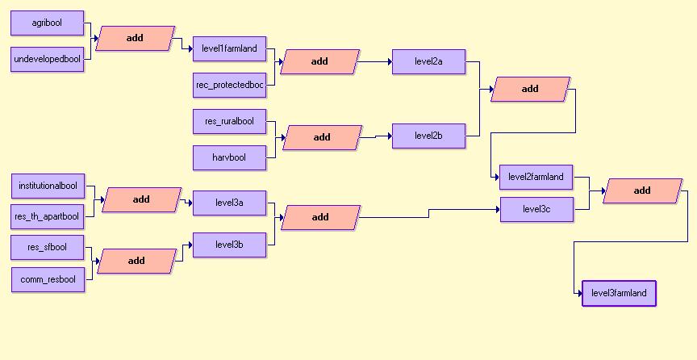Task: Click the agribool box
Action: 47,23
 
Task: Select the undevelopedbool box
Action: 48,59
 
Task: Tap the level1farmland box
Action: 229,49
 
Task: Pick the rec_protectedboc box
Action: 229,85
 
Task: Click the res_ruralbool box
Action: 229,122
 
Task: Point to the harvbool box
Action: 229,157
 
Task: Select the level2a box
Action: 428,61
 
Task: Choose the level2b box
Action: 428,136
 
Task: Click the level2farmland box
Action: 536,177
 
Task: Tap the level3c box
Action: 536,210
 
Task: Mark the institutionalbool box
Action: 48,186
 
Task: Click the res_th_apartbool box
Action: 48,216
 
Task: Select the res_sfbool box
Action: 47,248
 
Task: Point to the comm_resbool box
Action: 48,280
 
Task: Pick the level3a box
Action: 229,203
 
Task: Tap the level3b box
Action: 229,245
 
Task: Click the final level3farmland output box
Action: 619,294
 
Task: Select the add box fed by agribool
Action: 135,39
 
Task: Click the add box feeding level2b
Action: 322,137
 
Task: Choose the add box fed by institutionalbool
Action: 141,200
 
